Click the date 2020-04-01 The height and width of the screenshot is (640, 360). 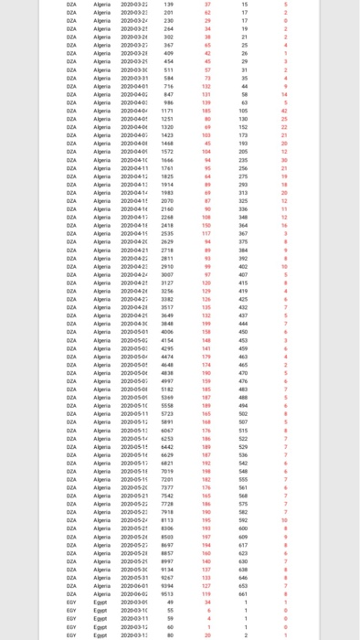point(133,86)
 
